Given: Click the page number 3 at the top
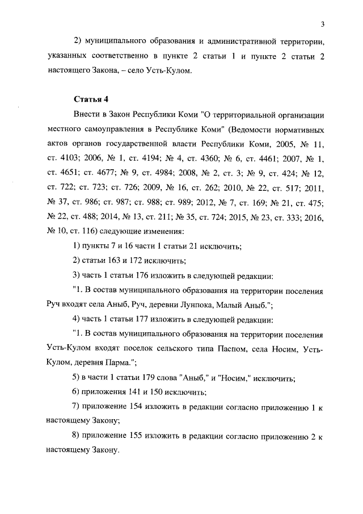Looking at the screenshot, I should point(322,24).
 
